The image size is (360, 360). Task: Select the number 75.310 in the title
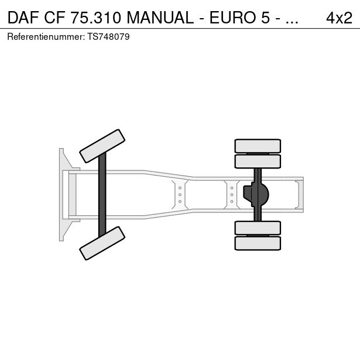[x=95, y=18]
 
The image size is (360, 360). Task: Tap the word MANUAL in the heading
[x=160, y=18]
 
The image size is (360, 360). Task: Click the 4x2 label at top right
[x=339, y=18]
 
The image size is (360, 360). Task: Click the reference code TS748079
[x=108, y=37]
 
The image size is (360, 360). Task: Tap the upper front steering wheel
[x=102, y=146]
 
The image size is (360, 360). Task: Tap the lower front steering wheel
[x=102, y=244]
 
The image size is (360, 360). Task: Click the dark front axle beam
[x=102, y=195]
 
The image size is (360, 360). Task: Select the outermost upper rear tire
[x=258, y=146]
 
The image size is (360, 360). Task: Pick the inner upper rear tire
[x=258, y=162]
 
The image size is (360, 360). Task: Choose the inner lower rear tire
[x=258, y=228]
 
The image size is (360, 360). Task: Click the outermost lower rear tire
[x=258, y=244]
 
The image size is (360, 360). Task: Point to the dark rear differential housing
[x=256, y=195]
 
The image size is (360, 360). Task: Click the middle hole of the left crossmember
[x=180, y=195]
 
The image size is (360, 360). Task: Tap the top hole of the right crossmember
[x=232, y=188]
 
